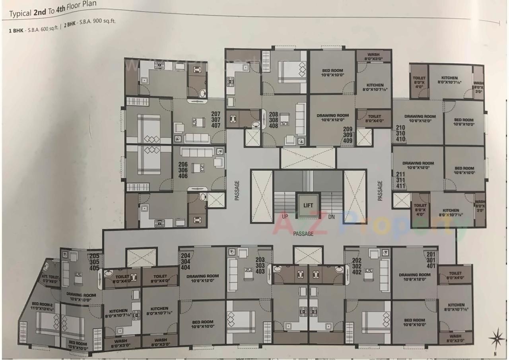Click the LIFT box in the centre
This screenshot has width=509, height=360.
pyautogui.click(x=308, y=205)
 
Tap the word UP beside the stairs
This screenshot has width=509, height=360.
pyautogui.click(x=285, y=217)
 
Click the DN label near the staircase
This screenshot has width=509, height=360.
pyautogui.click(x=332, y=217)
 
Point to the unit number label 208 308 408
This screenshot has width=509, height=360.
pyautogui.click(x=273, y=120)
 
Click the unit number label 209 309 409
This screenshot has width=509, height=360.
pyautogui.click(x=348, y=134)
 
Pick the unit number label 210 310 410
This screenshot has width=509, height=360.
pyautogui.click(x=400, y=134)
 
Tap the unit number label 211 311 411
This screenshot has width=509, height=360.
pyautogui.click(x=400, y=180)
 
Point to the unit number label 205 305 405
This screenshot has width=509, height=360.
pyautogui.click(x=94, y=263)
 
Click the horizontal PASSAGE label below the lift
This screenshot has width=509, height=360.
pyautogui.click(x=303, y=234)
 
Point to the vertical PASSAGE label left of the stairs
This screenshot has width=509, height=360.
pyautogui.click(x=237, y=190)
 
